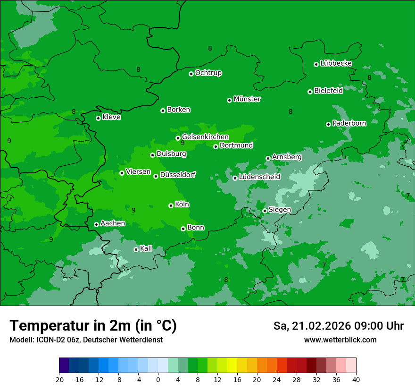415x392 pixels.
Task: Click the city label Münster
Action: tap(247, 99)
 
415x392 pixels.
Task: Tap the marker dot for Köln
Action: tap(171, 205)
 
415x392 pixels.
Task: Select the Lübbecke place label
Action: tap(336, 63)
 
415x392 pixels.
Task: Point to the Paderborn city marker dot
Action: tap(328, 124)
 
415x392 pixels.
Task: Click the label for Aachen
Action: tap(113, 223)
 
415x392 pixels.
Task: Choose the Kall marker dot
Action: tap(136, 249)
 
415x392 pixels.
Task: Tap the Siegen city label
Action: tap(280, 210)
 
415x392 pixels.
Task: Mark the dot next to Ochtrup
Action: tap(191, 74)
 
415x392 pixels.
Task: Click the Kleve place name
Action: tap(111, 117)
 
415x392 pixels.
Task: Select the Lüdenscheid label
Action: tap(259, 177)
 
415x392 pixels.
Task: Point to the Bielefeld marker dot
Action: tap(310, 92)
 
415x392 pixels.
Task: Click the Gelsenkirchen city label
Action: tap(205, 137)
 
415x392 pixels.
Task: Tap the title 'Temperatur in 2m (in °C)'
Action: tap(93, 326)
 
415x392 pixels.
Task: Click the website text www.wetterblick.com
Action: tap(340, 340)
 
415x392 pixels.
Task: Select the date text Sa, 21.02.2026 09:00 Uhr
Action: tap(338, 326)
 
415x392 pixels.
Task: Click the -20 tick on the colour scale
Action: tap(59, 379)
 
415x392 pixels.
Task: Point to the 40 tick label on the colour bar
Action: tap(356, 379)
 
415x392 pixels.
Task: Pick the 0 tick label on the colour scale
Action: tap(158, 379)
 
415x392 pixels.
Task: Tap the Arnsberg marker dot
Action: tap(268, 158)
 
